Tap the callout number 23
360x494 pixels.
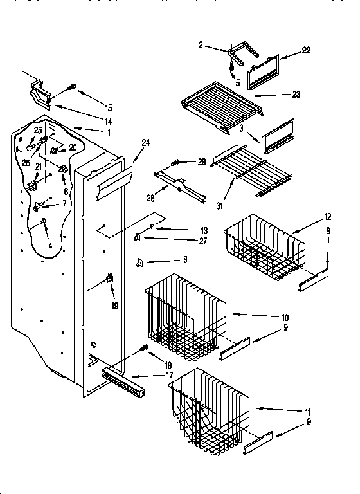[296, 95]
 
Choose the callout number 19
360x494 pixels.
[115, 306]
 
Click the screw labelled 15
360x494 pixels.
[72, 86]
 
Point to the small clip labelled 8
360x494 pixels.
[137, 262]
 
